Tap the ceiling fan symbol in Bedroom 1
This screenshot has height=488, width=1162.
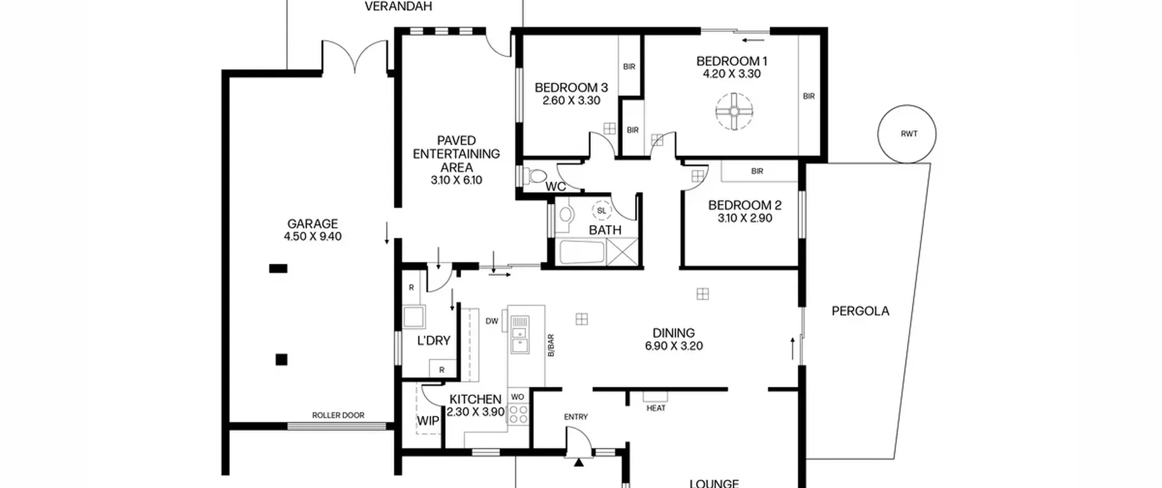pos(734,111)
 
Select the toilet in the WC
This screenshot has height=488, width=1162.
pos(535,176)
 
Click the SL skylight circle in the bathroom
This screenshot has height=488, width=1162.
pos(601,211)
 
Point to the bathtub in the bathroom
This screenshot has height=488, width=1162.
pos(582,252)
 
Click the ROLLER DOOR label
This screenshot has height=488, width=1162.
pos(338,415)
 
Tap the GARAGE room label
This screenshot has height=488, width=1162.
pos(313,223)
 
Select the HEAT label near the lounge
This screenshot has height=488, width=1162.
pos(656,408)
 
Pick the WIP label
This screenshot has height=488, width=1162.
pos(428,421)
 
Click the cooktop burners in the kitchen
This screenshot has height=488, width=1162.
pos(518,414)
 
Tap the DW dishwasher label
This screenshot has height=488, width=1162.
pos(492,321)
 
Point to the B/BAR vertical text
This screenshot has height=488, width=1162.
pos(551,345)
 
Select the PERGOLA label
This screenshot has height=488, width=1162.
pos(860,311)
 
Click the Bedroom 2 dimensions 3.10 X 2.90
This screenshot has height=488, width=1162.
pos(745,218)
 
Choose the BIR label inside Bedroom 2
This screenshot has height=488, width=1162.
pos(757,171)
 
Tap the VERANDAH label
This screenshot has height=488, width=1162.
pos(399,6)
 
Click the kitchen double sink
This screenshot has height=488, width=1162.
pos(520,335)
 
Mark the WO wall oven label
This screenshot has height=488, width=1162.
pos(517,397)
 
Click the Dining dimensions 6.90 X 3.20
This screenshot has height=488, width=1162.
pos(674,346)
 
